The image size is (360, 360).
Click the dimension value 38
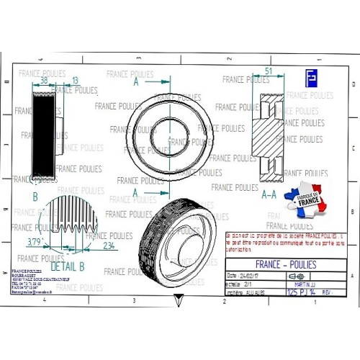click(x=45, y=81)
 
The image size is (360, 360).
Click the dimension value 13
click(x=76, y=81)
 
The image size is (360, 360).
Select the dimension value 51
click(x=269, y=71)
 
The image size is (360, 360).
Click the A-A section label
click(x=269, y=194)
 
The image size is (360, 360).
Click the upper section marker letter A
click(x=135, y=83)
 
